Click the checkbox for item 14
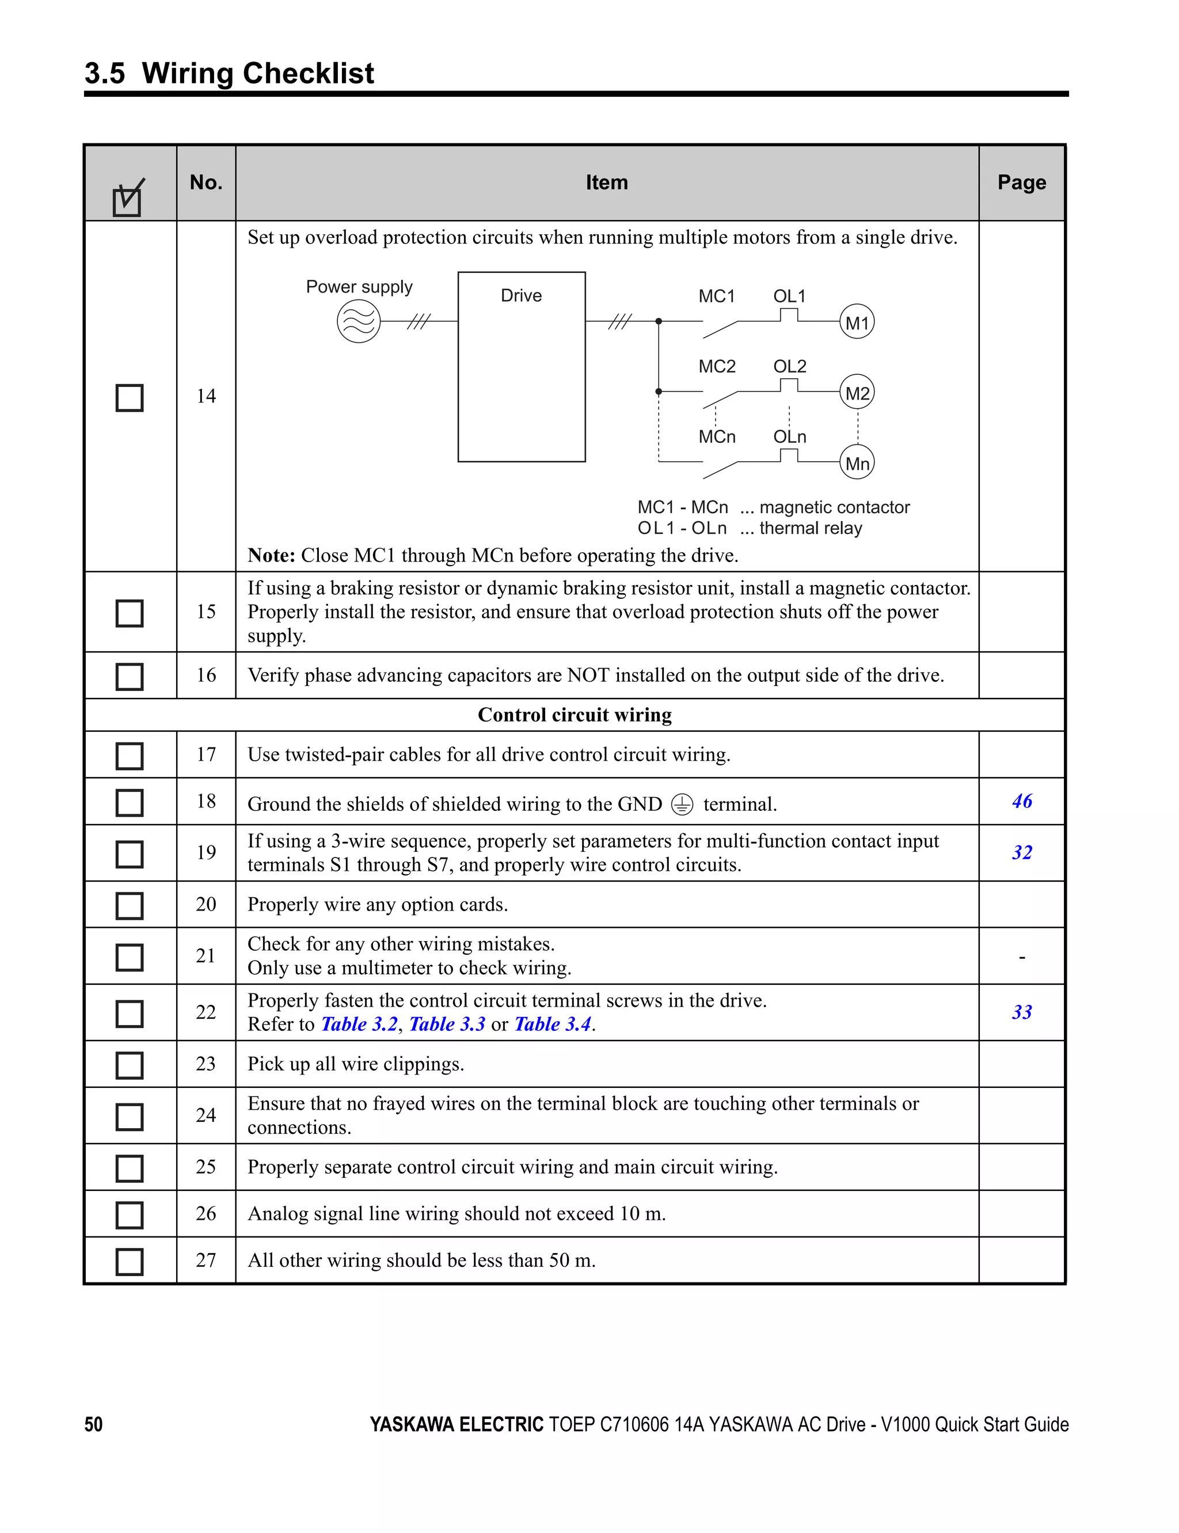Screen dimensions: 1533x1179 click(129, 398)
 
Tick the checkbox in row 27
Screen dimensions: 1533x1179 click(129, 1261)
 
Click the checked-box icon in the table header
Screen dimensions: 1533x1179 click(128, 199)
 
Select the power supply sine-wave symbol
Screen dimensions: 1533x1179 click(359, 321)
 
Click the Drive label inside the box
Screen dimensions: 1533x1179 click(521, 295)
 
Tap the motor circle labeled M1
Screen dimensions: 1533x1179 click(857, 322)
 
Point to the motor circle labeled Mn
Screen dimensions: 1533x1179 click(857, 463)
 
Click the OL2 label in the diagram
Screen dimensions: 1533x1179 click(789, 366)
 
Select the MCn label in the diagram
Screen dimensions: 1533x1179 click(717, 437)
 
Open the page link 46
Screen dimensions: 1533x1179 click(1022, 801)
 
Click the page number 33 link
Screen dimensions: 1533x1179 click(1022, 1012)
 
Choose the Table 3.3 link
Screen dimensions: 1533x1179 click(447, 1024)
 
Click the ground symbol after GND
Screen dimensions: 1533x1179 click(682, 804)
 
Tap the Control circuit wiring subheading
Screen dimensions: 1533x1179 click(574, 715)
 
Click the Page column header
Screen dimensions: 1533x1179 click(1022, 183)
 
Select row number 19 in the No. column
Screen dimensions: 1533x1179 click(206, 853)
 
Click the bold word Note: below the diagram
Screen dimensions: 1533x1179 click(271, 555)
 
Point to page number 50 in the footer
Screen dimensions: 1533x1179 click(93, 1424)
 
